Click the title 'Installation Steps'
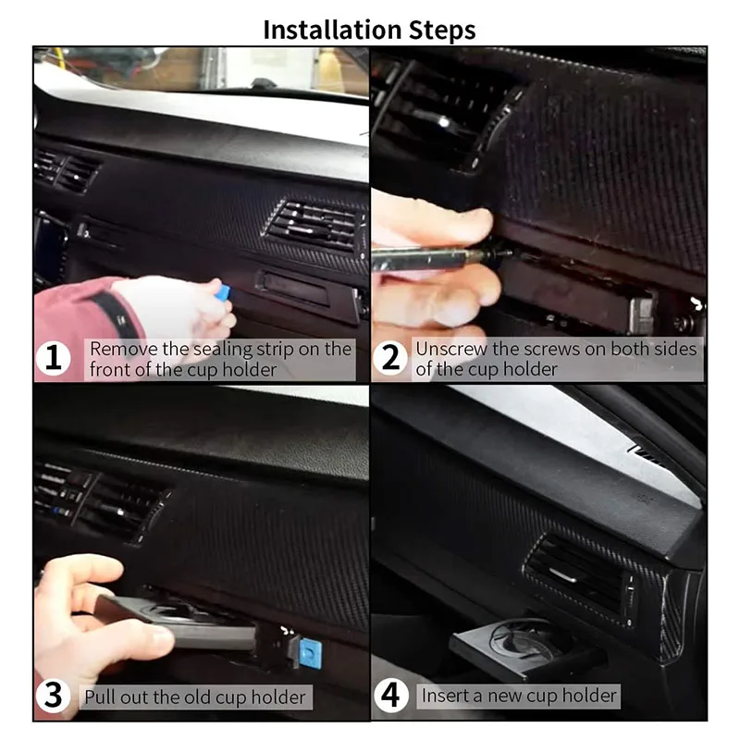pos(369,29)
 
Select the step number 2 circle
pos(391,359)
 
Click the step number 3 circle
pos(55,697)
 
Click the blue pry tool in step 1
pos(221,291)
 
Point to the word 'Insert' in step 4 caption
pos(443,695)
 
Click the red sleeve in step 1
pos(79,319)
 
